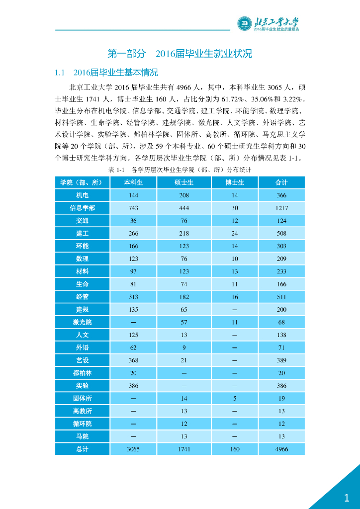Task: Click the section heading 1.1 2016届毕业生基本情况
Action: (106, 73)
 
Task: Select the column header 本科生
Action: (133, 183)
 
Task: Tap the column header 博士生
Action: (235, 183)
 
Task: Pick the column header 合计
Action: (281, 183)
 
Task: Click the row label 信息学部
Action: (82, 208)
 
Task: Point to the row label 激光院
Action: (82, 322)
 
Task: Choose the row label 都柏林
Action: (82, 373)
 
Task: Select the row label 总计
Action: (82, 449)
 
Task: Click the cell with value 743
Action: (133, 208)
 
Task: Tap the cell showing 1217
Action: (281, 208)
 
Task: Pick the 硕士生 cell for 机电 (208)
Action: (184, 195)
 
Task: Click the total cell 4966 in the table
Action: (281, 449)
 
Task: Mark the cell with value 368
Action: (133, 360)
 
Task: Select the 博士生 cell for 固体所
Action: (235, 398)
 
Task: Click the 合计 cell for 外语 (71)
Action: (281, 347)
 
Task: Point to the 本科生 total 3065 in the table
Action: (133, 449)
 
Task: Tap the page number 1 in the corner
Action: (347, 498)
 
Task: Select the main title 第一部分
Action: (127, 53)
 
